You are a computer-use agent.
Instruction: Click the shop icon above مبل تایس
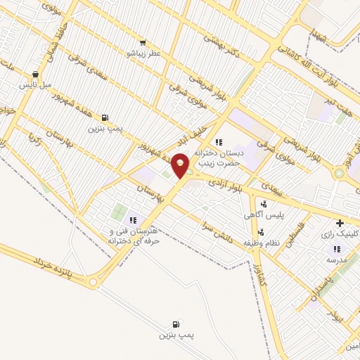point(35,75)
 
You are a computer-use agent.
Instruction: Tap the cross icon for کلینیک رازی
point(340,223)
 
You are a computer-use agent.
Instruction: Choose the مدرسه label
point(336,259)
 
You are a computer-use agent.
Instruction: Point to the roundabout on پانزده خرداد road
point(92,283)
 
